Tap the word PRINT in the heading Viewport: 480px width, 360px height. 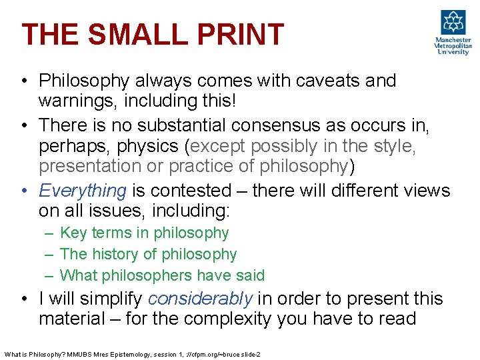coord(239,35)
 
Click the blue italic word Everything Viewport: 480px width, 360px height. coord(83,191)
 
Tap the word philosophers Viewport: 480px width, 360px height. coord(150,275)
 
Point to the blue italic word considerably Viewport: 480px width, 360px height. coord(200,299)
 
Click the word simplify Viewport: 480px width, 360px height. coord(112,299)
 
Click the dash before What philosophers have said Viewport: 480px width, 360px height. coord(51,275)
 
